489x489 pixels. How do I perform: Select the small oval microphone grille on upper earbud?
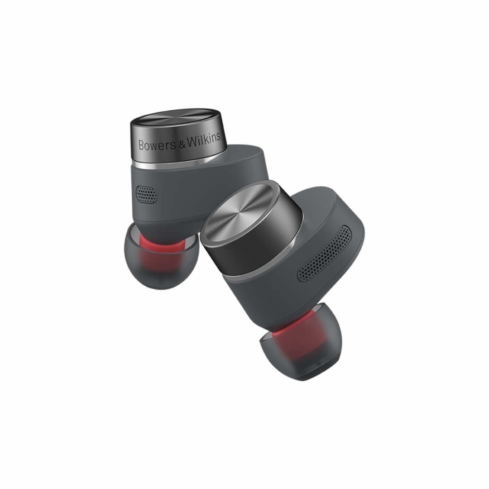point(146,194)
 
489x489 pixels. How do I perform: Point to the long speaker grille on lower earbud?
point(325,253)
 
